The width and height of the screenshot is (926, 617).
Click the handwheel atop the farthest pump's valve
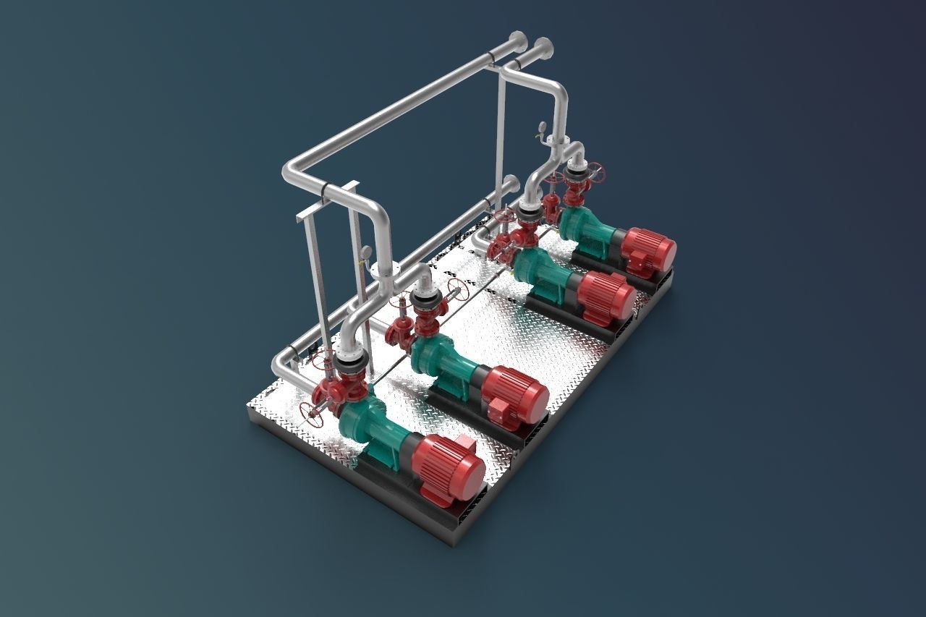tap(595, 172)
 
